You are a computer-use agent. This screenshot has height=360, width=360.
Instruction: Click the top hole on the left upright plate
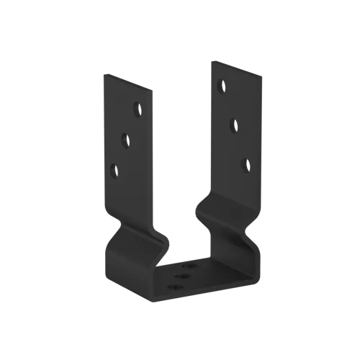136,109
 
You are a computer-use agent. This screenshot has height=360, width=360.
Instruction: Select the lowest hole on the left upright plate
113,170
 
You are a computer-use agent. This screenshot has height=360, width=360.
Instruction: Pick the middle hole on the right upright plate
233,125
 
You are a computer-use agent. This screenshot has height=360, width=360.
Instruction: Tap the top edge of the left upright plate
130,81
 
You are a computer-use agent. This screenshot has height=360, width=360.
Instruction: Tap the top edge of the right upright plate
236,67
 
